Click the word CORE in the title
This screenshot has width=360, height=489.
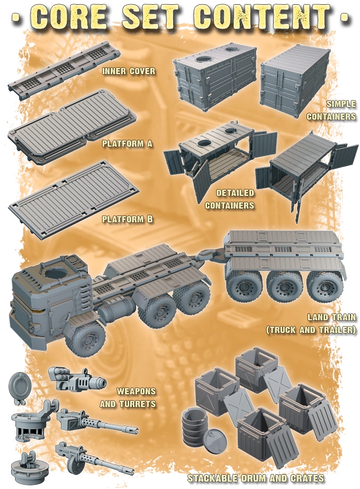coord(69,16)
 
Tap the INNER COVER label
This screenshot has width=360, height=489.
coord(129,71)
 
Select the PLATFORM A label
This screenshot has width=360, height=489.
coord(127,144)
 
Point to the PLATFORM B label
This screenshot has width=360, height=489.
coord(128,219)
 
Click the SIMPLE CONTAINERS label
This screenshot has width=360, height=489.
coord(331,110)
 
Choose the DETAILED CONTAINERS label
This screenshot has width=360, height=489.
coord(230,199)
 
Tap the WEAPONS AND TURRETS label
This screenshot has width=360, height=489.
coord(128,397)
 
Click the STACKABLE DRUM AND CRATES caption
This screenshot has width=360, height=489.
coord(256,478)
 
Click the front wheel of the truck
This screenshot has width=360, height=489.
coord(85,338)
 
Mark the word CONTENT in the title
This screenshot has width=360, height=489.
coord(262,16)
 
